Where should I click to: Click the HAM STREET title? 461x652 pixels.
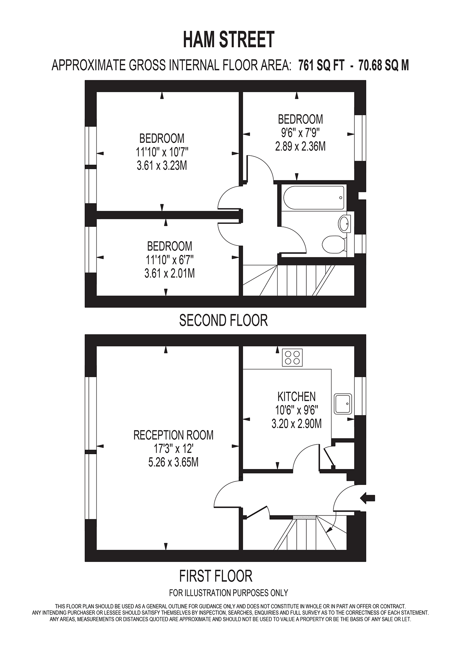tap(229, 40)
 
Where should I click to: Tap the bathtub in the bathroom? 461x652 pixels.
tap(313, 197)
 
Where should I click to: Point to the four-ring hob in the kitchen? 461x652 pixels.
tap(292, 357)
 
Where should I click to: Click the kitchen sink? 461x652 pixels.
tap(343, 404)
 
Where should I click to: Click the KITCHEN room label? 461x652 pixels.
tap(297, 396)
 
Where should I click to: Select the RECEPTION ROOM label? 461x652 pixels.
tap(174, 435)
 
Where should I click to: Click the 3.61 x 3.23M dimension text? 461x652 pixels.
tap(162, 165)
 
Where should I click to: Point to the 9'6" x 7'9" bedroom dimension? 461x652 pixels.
tap(300, 132)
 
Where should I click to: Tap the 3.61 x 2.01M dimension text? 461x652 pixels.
tap(170, 273)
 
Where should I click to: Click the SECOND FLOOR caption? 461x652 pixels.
tap(223, 320)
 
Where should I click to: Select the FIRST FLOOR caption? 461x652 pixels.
tap(216, 576)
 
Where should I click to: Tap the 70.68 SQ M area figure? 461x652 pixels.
tap(383, 65)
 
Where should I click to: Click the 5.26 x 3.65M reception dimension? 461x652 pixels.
tap(173, 462)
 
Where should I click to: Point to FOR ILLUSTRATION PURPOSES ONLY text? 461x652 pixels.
tap(229, 592)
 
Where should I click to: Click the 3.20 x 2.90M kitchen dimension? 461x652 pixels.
tap(297, 424)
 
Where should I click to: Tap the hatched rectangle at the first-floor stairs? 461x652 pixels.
tap(304, 517)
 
